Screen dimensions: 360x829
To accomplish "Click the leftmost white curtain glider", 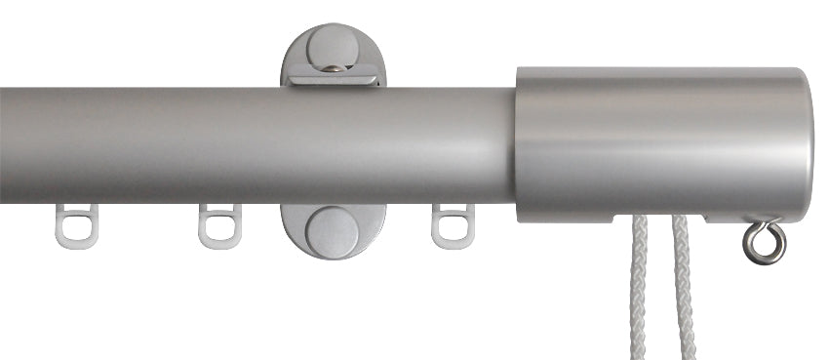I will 75,226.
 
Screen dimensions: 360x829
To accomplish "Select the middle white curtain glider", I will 217,226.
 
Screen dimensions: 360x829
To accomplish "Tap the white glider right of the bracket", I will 452,226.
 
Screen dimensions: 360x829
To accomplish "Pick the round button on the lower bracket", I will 333,231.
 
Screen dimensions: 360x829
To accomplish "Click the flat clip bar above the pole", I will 337,78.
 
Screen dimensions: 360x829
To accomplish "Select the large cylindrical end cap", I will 663,140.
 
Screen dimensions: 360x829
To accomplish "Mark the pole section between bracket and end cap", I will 449,144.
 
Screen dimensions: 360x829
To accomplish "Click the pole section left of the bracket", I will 146,144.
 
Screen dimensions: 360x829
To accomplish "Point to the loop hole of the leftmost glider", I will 77,232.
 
